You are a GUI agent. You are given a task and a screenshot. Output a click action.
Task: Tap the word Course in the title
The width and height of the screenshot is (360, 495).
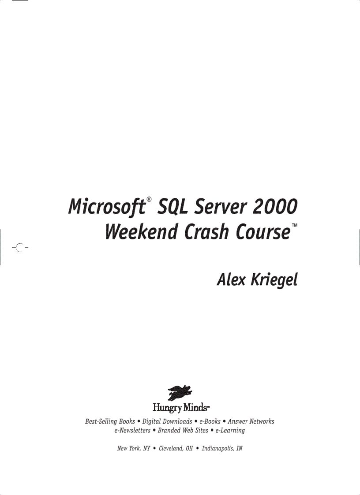[263, 232]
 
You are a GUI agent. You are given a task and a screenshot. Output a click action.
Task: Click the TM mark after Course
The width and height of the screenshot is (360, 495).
[294, 226]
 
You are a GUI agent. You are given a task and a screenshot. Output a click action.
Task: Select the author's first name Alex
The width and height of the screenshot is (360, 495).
[232, 279]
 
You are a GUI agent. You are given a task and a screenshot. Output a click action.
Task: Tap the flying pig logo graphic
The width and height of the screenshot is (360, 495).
[180, 392]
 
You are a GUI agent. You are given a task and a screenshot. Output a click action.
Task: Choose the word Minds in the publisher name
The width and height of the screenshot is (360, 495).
[195, 406]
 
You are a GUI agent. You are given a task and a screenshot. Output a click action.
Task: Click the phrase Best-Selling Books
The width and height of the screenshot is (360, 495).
[110, 422]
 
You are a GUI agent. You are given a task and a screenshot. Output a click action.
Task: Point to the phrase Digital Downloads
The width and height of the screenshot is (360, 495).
[167, 422]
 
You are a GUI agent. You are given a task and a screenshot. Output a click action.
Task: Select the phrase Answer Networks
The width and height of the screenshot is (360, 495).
[251, 422]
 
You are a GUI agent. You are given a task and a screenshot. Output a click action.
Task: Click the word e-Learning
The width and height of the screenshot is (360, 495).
[230, 431]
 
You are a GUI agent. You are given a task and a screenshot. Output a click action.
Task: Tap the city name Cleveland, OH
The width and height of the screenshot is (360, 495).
[176, 449]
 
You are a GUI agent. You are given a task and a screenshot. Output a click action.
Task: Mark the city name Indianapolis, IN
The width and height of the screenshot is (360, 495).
[222, 449]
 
